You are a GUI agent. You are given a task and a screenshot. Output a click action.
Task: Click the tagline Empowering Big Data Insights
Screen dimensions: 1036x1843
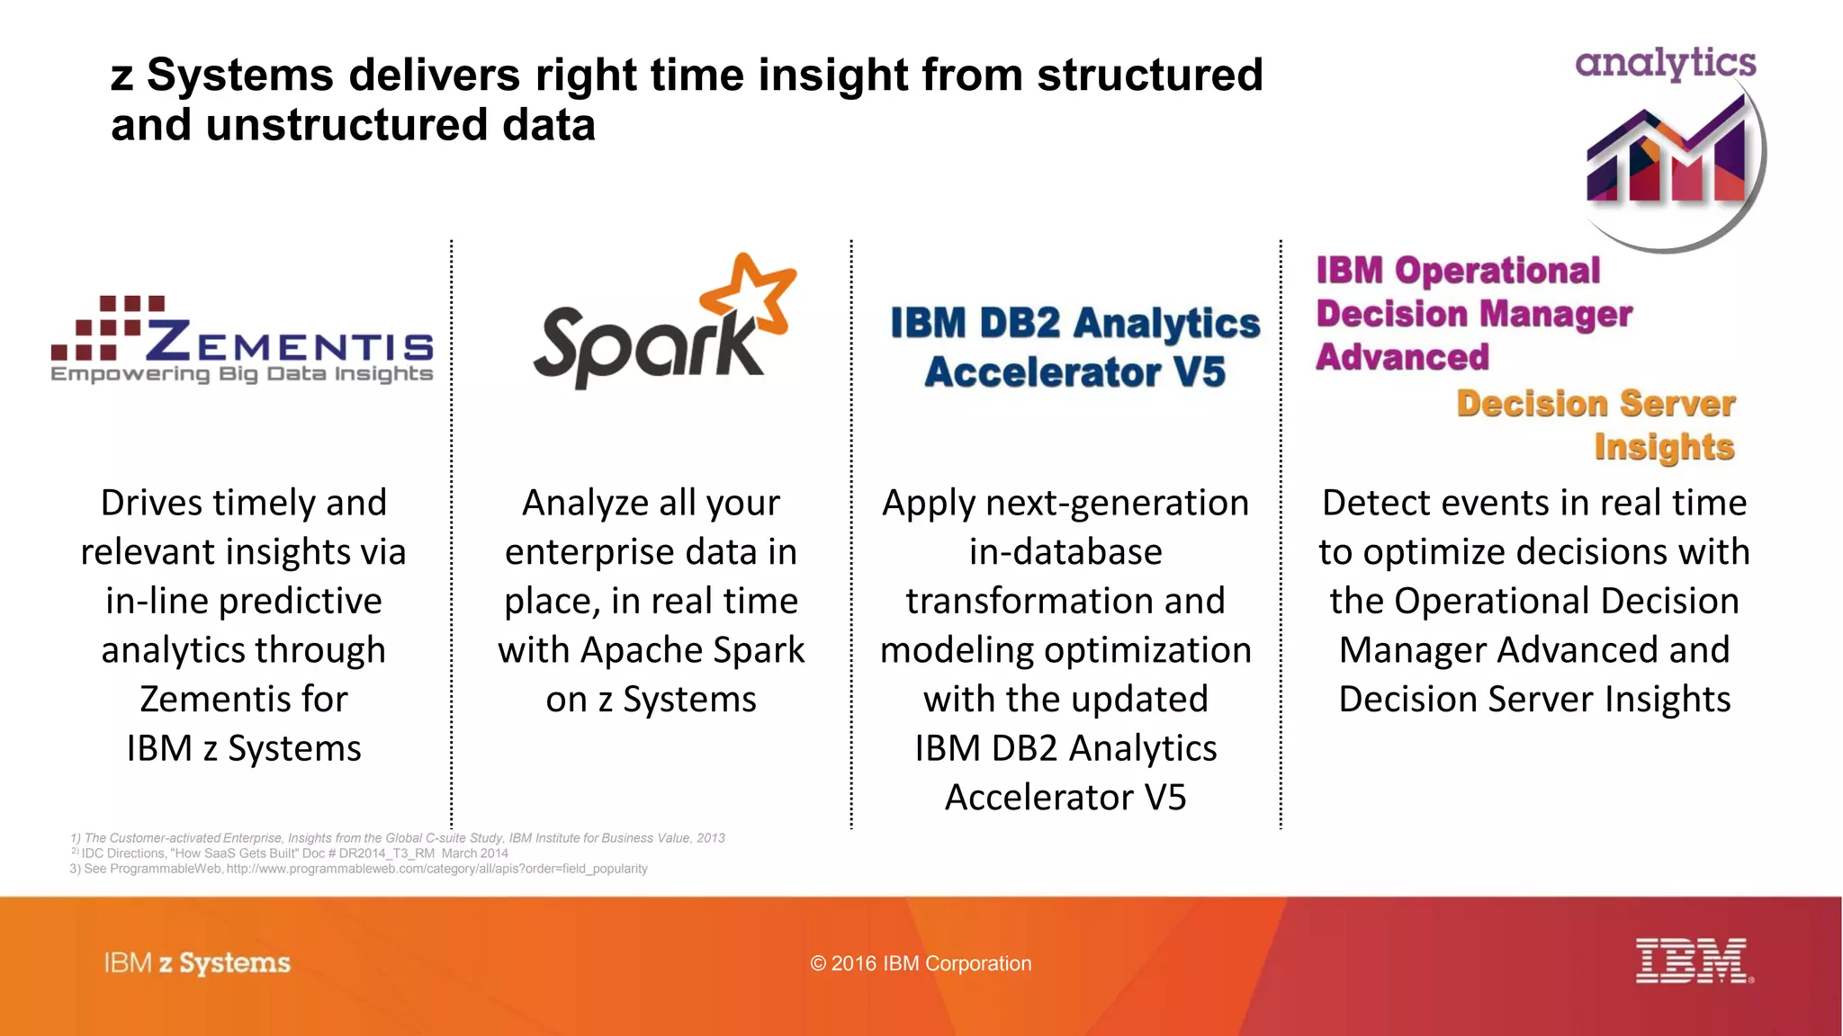tap(241, 374)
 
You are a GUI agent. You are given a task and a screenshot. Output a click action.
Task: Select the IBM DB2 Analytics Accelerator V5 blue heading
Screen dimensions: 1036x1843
tap(1074, 347)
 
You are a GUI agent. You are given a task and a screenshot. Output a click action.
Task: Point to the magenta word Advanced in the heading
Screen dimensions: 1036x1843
tap(1402, 357)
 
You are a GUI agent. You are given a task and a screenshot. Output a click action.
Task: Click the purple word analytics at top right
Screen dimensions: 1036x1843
tap(1665, 63)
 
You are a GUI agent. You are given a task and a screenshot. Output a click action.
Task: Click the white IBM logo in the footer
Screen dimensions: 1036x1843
tap(1692, 960)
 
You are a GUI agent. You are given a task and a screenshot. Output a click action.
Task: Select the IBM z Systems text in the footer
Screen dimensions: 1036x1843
tap(197, 963)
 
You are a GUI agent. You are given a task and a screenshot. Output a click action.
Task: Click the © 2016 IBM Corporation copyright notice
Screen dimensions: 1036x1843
tap(921, 963)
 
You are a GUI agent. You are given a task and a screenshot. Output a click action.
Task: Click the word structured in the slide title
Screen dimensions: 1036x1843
tap(1149, 75)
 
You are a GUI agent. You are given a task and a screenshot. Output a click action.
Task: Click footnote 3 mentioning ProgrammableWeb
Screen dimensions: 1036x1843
tap(358, 869)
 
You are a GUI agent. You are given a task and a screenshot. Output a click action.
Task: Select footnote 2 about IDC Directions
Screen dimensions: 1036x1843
tap(290, 853)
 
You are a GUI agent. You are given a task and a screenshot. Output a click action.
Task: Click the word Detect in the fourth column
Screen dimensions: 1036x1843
tap(1374, 503)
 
